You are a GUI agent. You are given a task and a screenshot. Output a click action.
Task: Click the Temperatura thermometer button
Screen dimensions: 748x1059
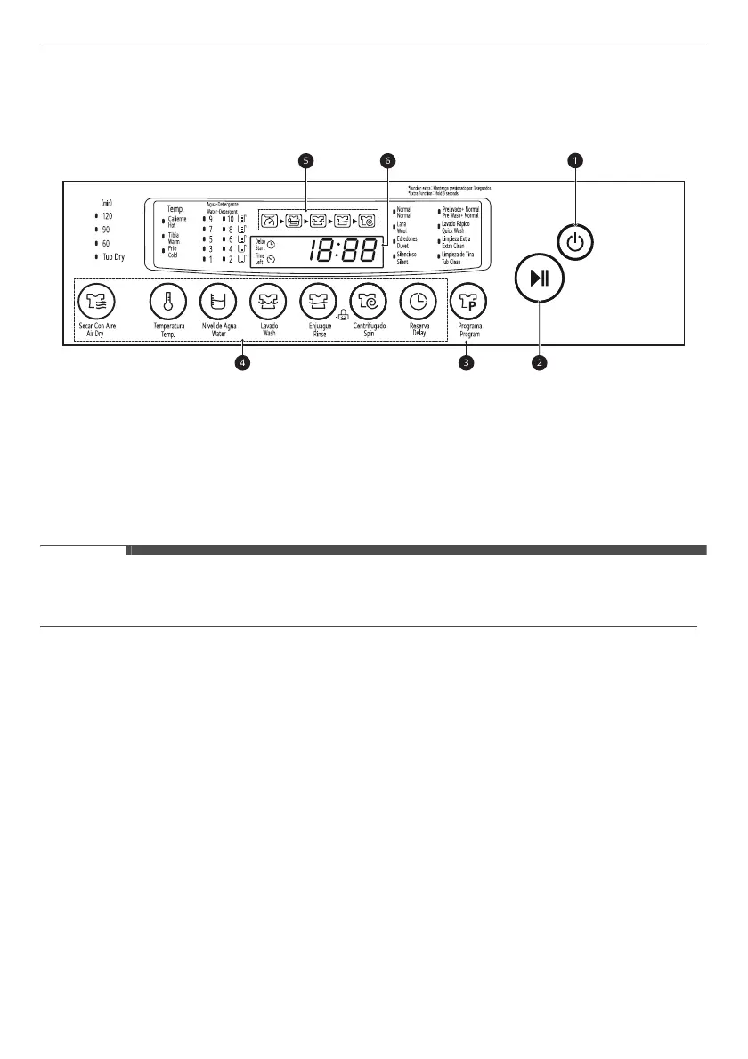pos(167,303)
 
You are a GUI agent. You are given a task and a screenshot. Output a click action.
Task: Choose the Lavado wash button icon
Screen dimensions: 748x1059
pos(268,303)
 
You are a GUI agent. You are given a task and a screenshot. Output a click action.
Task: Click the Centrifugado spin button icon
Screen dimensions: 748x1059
pos(368,303)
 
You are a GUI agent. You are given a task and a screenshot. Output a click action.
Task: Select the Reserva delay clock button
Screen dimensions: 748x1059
pos(419,303)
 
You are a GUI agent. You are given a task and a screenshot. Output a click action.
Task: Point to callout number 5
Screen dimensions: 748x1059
pos(307,160)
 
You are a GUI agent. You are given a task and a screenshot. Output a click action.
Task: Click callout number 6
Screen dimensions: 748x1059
pos(386,160)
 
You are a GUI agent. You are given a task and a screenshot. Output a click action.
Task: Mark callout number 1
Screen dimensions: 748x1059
pos(576,160)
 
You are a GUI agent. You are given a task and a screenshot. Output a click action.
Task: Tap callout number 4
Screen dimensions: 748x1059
pos(242,363)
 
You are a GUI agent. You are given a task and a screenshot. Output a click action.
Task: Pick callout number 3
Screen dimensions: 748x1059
pos(466,363)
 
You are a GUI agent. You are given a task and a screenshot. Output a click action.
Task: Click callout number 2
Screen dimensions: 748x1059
pos(540,363)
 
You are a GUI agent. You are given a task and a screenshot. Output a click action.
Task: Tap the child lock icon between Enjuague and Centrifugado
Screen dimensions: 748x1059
pos(343,314)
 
